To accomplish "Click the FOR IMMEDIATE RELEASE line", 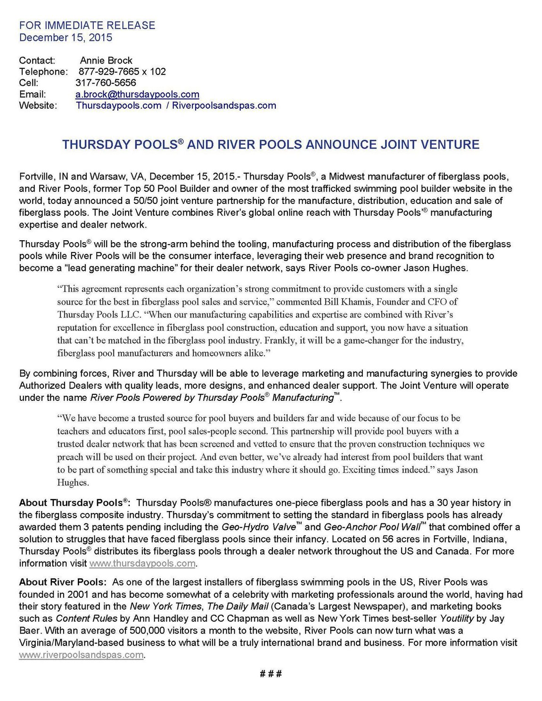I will (87, 25).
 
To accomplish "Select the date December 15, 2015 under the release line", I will (66, 38).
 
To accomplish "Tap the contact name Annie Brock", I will (106, 60).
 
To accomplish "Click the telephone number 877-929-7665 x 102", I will (122, 72).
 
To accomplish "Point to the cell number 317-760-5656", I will (106, 83).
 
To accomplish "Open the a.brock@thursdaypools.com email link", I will (137, 94).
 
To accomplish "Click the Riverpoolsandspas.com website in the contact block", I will (224, 106).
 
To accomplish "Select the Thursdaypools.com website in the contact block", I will (119, 106).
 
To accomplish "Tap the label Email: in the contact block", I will (32, 94).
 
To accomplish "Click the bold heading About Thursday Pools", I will (73, 503).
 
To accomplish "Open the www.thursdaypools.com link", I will (142, 563).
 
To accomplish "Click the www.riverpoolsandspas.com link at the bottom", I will (81, 655).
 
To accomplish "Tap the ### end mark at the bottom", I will (271, 674).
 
